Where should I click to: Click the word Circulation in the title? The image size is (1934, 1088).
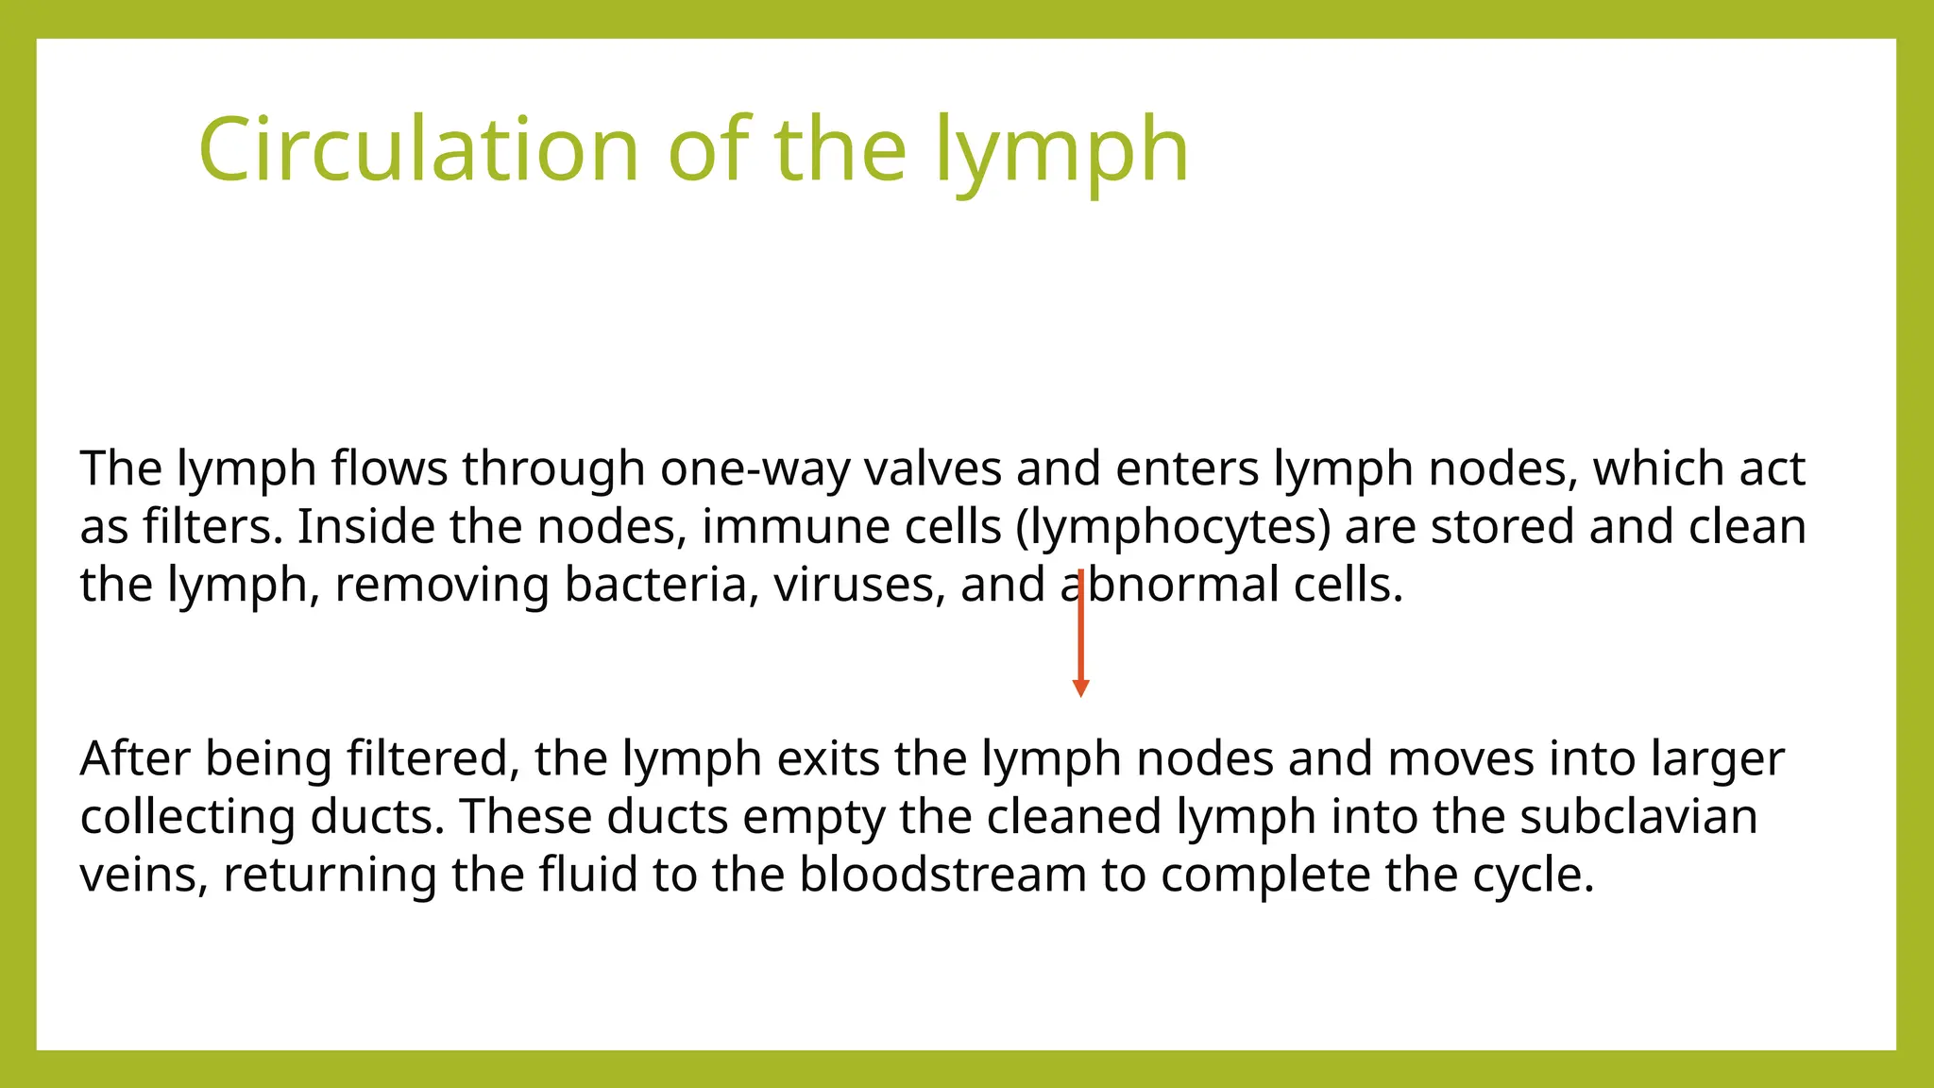click(419, 149)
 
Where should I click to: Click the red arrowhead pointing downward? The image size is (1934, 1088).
click(1081, 688)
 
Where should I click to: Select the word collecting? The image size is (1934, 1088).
click(187, 818)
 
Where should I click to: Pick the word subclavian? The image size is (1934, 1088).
click(1638, 817)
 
